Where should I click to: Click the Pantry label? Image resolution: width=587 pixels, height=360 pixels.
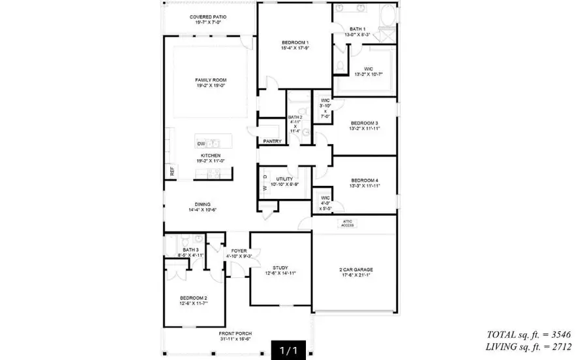pos(272,141)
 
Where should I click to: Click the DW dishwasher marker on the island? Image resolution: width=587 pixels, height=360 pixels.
pos(202,143)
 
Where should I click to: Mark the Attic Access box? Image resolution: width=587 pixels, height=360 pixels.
pos(347,223)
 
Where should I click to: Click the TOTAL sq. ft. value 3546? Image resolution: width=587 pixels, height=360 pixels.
pos(558,334)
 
